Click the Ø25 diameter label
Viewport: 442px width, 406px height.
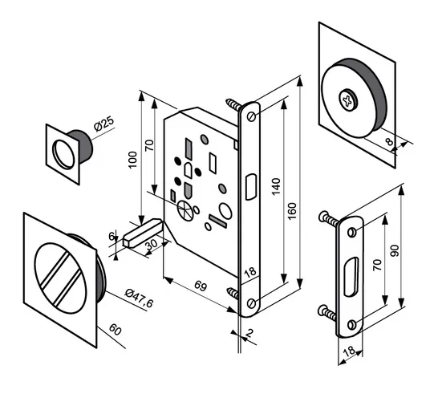[104, 124]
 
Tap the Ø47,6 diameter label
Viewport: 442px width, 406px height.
[140, 298]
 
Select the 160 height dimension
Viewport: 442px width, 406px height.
[292, 211]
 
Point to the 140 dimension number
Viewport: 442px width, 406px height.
[276, 186]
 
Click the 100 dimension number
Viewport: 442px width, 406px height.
[132, 160]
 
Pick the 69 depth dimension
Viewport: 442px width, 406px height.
[201, 286]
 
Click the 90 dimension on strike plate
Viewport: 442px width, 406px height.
[395, 250]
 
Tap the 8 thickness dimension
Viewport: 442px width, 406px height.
[389, 141]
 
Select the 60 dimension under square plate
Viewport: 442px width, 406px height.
[115, 330]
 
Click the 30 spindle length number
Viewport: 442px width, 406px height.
[152, 245]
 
